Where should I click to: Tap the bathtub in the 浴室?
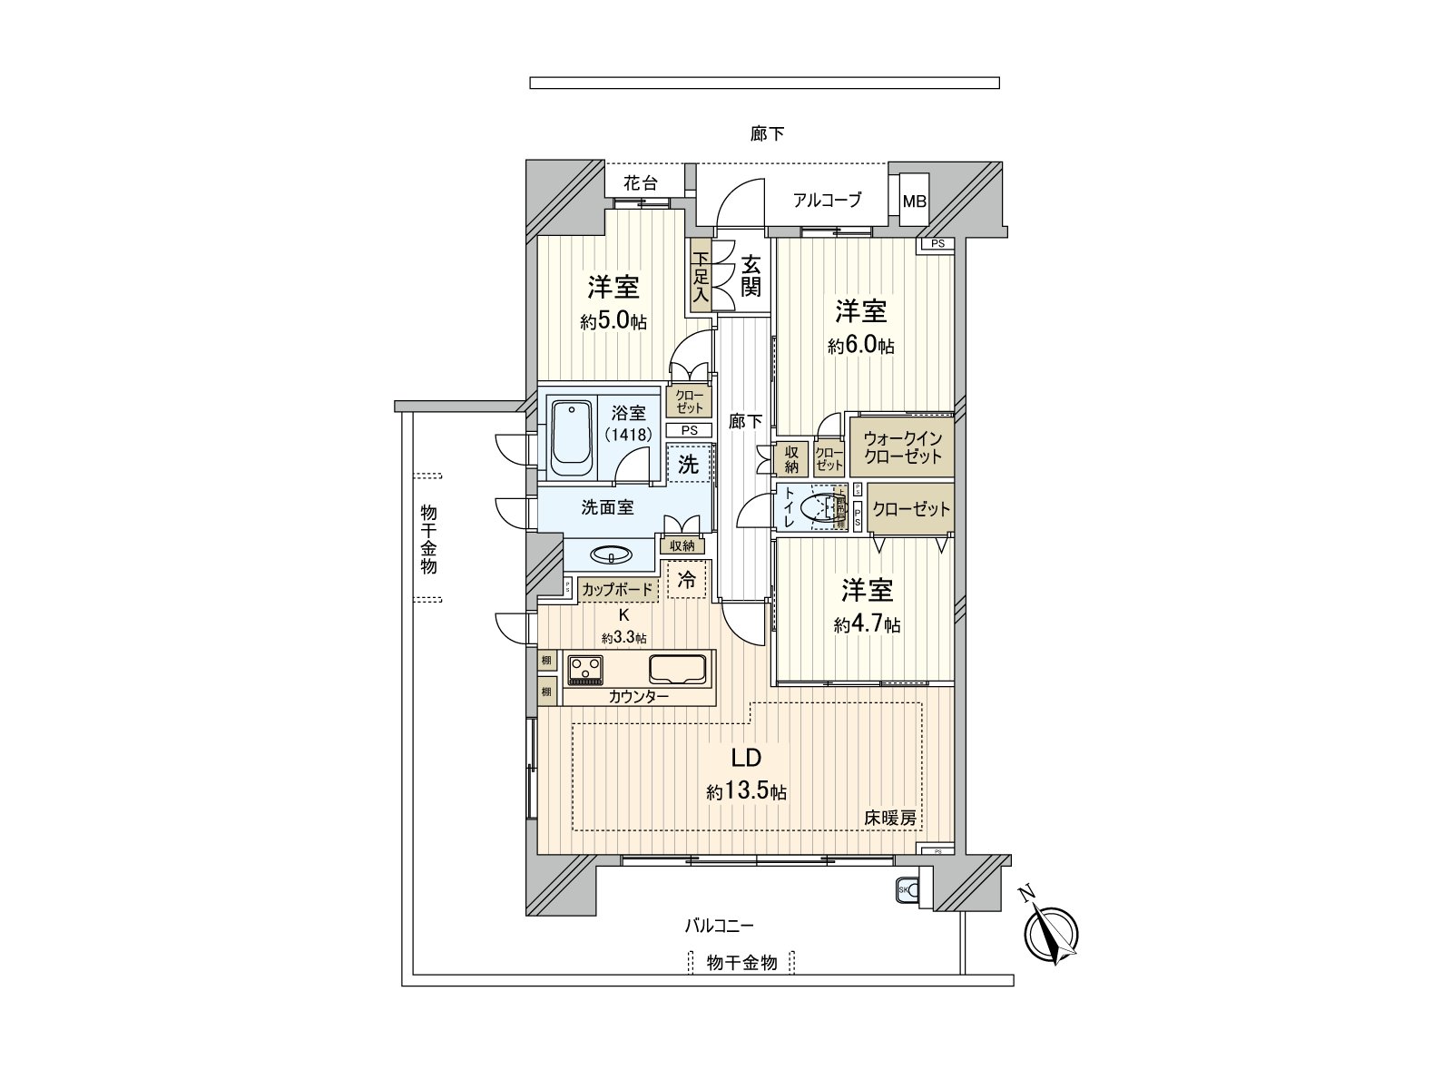click(572, 439)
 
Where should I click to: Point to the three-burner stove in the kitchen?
click(585, 670)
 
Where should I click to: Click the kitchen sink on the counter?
click(675, 669)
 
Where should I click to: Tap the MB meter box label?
click(914, 201)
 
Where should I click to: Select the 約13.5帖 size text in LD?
click(747, 792)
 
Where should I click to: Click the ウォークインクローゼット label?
click(902, 447)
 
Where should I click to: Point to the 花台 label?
click(640, 182)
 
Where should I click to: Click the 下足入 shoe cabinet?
click(700, 278)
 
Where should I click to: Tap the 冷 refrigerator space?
click(687, 580)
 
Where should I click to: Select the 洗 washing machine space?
click(689, 465)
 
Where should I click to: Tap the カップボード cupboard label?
click(617, 590)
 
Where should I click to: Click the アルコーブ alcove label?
click(826, 201)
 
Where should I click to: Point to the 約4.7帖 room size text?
click(867, 625)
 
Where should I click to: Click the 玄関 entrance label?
click(750, 276)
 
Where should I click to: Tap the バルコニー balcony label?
click(719, 926)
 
